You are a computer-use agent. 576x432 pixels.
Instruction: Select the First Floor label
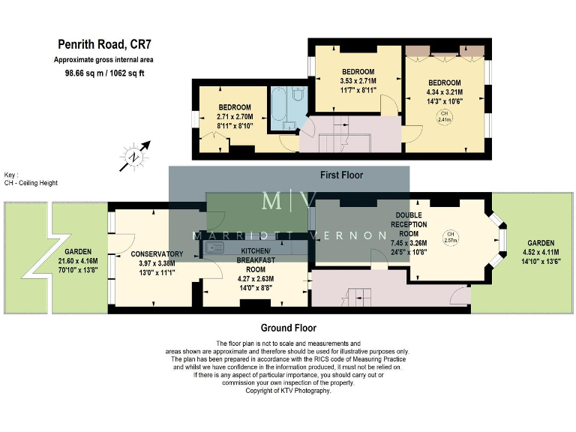(341, 175)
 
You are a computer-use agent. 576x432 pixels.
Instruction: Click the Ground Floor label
(288, 328)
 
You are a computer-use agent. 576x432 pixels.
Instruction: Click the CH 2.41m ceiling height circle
(445, 116)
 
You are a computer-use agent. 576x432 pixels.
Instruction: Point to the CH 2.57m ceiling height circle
(450, 237)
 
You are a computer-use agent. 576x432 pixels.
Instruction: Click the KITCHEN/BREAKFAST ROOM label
(256, 259)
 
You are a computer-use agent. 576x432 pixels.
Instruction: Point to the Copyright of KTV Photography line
(288, 391)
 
